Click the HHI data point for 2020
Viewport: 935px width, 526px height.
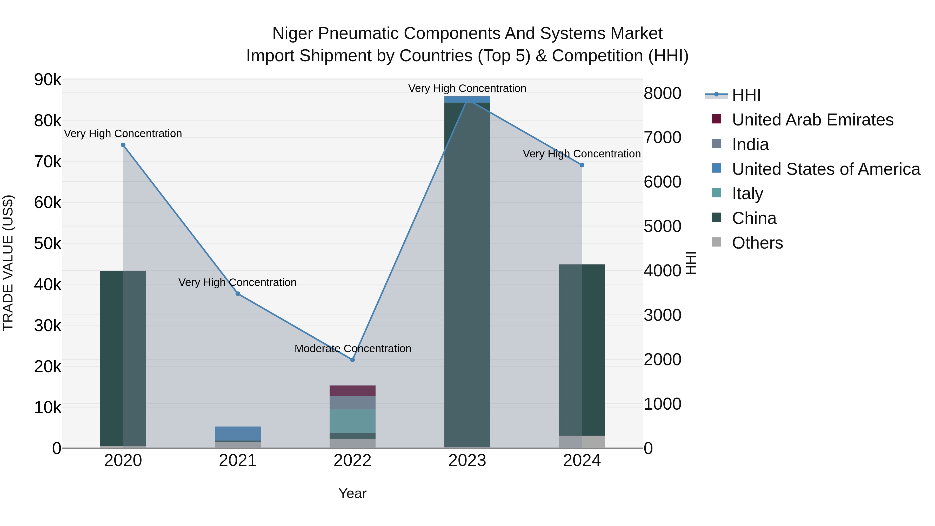coord(123,145)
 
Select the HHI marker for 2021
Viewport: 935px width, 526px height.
coord(238,294)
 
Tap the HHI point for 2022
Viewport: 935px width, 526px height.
coord(352,360)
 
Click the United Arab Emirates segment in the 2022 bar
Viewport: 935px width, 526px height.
coord(352,391)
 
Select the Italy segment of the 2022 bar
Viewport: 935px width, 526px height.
coord(352,421)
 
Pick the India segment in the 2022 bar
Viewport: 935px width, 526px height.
coord(352,403)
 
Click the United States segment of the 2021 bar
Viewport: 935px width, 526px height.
coord(238,434)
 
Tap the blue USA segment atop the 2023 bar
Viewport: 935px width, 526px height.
coord(467,99)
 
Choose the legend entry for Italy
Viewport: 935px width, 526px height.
coord(747,194)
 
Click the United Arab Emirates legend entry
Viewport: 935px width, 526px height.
coord(812,120)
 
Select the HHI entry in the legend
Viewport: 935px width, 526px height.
coord(746,95)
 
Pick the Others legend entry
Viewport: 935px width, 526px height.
coord(757,243)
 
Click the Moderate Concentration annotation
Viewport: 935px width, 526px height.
coord(353,349)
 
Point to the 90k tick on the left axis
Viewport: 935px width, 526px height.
coord(48,79)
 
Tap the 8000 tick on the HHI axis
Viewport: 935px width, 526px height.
coord(662,93)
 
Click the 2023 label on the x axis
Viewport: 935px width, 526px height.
coord(467,461)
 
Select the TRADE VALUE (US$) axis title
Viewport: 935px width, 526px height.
coord(8,263)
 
